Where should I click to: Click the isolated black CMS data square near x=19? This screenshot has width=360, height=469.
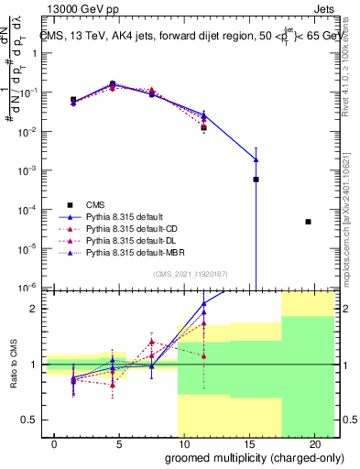[308, 222]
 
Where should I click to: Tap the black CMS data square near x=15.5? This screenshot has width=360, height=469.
[256, 180]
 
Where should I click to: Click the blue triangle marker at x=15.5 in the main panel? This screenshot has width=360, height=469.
[256, 159]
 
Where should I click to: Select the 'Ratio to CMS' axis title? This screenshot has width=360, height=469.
[12, 365]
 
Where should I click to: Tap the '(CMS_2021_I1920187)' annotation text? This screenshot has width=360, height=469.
[191, 274]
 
